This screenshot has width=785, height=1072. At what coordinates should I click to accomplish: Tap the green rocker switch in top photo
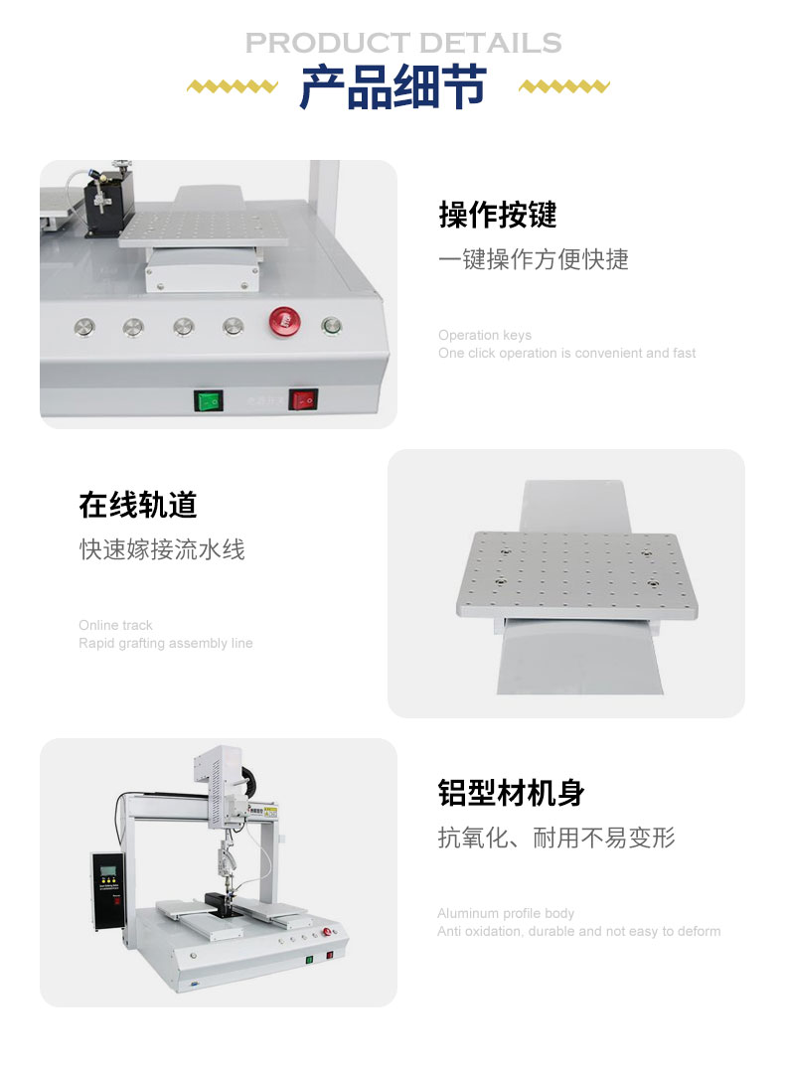[x=208, y=400]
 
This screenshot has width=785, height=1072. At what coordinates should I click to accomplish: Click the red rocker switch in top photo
[x=303, y=399]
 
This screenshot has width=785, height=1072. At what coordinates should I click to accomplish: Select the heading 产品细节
[x=393, y=86]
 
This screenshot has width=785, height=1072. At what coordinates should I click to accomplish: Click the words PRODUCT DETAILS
[x=403, y=43]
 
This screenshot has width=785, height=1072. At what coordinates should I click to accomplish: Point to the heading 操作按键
[x=498, y=215]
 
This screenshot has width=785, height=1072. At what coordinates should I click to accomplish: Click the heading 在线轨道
[x=138, y=506]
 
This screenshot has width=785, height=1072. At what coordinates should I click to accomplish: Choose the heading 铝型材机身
[x=512, y=793]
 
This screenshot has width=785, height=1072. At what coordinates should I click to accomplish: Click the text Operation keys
[x=485, y=335]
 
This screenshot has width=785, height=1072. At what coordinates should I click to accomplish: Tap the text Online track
[x=115, y=625]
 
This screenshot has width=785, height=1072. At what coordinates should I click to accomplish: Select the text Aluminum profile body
[x=506, y=913]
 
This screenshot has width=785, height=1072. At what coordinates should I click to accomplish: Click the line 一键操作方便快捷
[x=534, y=259]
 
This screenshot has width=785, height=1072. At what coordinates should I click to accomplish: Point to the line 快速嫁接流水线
[x=162, y=549]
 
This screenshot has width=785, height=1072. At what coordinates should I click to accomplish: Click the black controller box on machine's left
[x=107, y=890]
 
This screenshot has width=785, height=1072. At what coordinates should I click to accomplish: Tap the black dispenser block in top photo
[x=108, y=202]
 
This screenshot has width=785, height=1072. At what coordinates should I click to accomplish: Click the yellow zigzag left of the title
[x=233, y=86]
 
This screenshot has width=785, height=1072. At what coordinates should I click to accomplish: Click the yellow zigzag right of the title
[x=564, y=86]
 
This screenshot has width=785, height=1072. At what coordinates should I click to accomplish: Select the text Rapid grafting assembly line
[x=166, y=644]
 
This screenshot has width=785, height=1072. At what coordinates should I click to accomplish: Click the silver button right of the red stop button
[x=332, y=326]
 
